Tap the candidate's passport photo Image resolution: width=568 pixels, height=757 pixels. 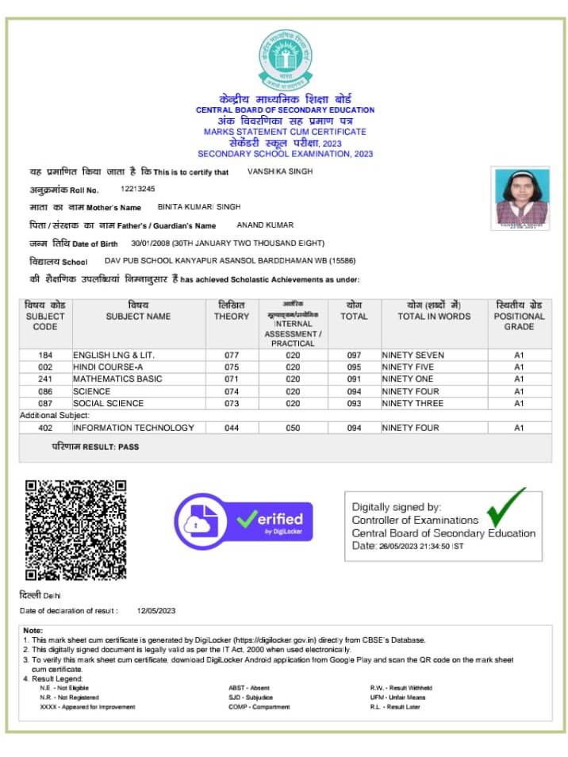tap(521, 198)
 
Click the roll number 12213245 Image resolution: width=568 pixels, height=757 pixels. tap(138, 189)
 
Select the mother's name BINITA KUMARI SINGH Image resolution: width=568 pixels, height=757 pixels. tap(199, 206)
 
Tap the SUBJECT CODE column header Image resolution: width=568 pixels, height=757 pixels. tap(45, 316)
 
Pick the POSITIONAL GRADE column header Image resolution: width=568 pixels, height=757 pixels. tap(519, 316)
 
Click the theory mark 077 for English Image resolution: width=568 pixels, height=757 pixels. tap(231, 355)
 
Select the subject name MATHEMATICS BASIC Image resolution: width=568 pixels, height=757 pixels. tap(117, 379)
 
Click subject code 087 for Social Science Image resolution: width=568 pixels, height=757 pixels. tap(45, 403)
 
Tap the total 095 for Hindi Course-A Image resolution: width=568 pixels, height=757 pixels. tap(354, 367)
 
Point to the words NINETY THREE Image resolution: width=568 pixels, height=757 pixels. tap(413, 403)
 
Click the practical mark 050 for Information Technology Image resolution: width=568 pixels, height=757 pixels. tap(293, 428)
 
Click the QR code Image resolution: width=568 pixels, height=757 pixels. tap(76, 529)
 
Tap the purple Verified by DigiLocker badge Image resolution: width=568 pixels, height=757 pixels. tap(244, 521)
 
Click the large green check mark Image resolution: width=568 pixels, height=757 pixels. tap(505, 507)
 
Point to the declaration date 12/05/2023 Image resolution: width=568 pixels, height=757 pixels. tap(155, 611)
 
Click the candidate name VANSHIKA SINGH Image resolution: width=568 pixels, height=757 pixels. tap(280, 171)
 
